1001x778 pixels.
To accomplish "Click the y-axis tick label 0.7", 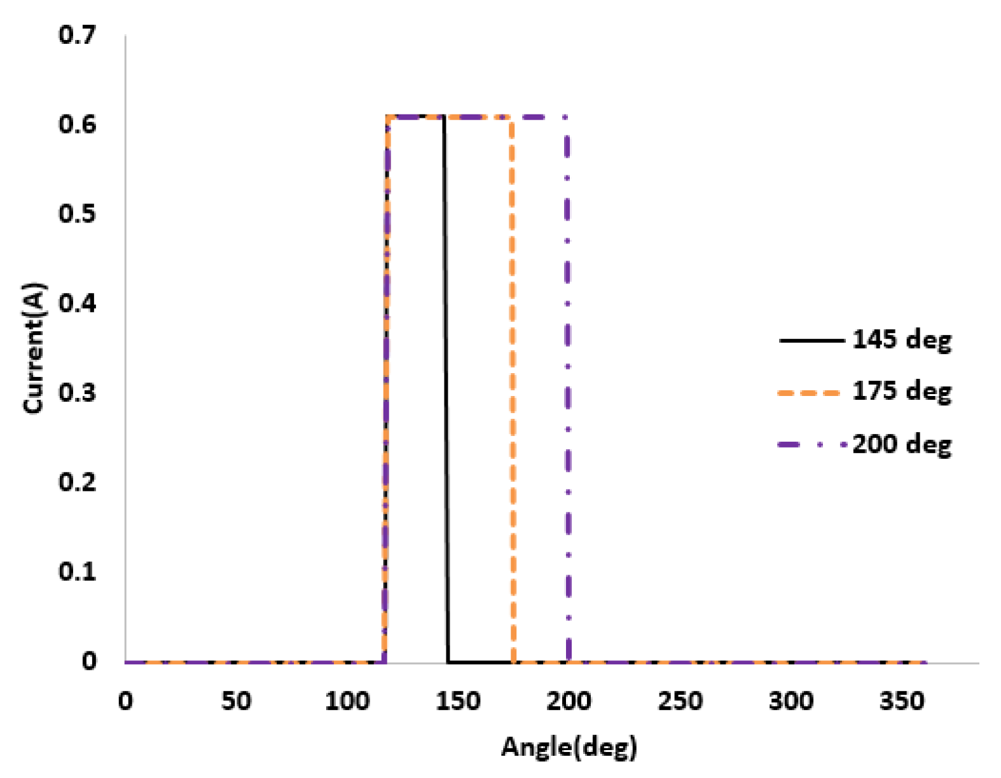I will [77, 34].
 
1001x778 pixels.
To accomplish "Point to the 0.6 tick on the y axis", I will [77, 124].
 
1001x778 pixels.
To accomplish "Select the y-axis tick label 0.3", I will [77, 392].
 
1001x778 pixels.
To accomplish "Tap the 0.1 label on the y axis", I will [77, 571].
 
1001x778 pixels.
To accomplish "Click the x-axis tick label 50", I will [236, 701].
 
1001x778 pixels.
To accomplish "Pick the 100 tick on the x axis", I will [347, 701].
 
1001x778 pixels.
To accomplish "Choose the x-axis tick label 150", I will [458, 701].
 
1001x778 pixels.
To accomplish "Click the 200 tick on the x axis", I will [569, 701].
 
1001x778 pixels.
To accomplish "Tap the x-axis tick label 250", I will [680, 701].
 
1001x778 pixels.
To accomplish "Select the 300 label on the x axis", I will [790, 701].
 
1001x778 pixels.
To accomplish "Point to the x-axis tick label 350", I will [901, 701].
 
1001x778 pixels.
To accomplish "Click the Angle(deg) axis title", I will [569, 747].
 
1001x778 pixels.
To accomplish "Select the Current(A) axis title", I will [34, 348].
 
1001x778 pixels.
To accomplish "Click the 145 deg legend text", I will [901, 340].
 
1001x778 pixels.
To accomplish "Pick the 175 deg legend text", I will [901, 392].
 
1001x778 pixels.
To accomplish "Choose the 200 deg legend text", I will [901, 444].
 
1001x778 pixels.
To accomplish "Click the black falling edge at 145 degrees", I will [446, 381].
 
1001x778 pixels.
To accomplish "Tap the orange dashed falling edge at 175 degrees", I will [513, 381].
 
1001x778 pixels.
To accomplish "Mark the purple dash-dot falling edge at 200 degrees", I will [567, 381].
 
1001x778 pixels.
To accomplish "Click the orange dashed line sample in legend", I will [810, 392].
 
